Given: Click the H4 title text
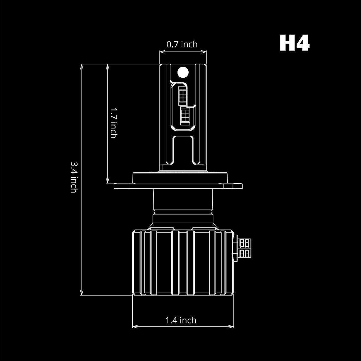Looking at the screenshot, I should click(294, 43).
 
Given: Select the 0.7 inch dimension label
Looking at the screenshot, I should click(182, 44).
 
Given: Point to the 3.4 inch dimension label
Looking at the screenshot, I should click(74, 177).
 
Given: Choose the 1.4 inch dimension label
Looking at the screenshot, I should click(181, 320).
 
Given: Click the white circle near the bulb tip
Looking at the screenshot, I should click(183, 72).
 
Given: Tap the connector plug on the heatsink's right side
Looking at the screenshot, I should click(245, 248).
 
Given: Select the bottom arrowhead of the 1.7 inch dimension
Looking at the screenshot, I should click(108, 181).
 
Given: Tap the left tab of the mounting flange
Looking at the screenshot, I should click(123, 186).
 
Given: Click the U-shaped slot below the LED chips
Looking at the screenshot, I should click(183, 150).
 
